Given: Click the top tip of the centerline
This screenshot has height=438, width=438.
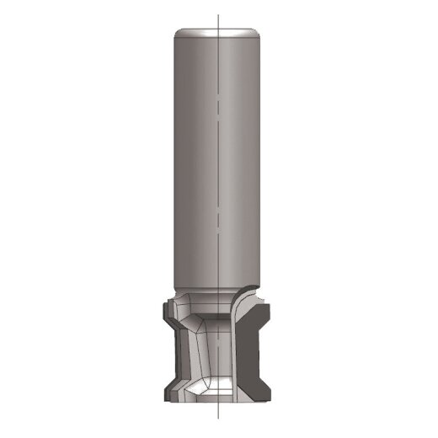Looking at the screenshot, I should point(217,15).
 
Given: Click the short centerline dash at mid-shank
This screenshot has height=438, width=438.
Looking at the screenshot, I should point(217,216).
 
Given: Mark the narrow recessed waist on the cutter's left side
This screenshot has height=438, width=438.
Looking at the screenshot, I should point(173,354).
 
